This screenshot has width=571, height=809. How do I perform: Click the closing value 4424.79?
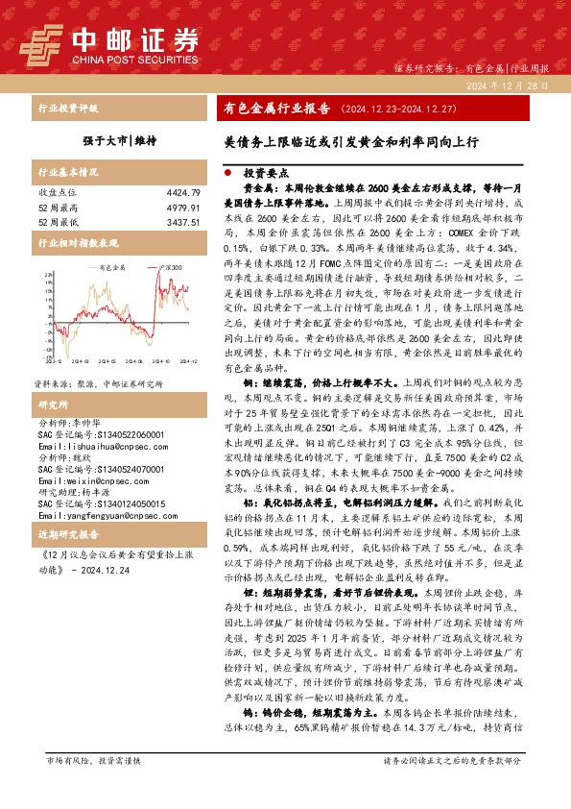pos(182,192)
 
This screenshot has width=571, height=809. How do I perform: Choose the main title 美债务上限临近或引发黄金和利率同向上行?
pos(351,141)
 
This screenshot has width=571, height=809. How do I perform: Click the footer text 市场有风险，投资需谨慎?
pos(94,787)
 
